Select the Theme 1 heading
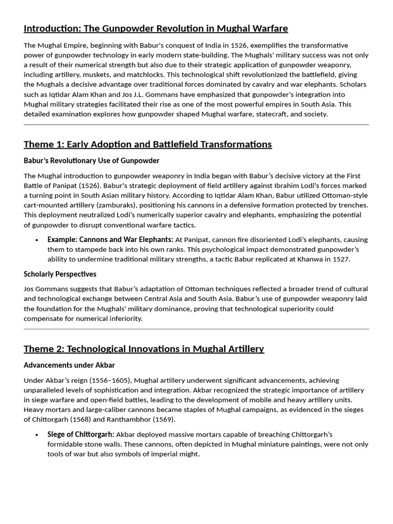147,144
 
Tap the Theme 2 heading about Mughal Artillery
144,349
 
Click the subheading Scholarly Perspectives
60,274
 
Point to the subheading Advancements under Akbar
69,365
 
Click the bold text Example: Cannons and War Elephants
110,239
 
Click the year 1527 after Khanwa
340,259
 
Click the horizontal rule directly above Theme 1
196,124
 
